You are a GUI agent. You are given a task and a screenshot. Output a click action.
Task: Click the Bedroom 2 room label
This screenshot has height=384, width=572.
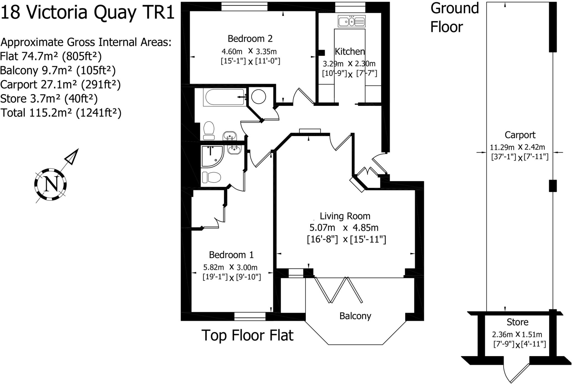250,39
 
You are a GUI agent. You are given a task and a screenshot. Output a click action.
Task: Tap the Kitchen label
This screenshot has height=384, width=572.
350,51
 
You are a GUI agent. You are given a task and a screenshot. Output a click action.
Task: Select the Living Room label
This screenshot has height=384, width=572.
345,216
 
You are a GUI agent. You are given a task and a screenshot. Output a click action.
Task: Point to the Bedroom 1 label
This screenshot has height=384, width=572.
231,255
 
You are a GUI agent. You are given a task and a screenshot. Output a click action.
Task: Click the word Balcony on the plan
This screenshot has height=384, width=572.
355,316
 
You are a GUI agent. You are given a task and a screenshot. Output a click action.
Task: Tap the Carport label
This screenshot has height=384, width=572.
520,135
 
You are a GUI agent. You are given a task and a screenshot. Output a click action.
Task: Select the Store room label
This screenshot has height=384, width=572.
518,322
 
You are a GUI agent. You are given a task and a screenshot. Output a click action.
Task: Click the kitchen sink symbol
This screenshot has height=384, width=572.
351,21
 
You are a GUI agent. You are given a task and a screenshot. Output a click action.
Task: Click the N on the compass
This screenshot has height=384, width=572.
51,184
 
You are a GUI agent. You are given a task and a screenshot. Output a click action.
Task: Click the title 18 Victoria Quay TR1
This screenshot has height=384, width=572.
87,13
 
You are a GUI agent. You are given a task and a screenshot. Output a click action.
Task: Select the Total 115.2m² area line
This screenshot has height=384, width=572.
61,113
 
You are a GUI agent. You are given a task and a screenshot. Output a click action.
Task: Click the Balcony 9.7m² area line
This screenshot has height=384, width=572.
58,70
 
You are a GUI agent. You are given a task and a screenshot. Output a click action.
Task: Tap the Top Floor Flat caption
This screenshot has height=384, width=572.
247,335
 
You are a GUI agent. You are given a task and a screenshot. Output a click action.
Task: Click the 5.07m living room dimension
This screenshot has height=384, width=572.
322,228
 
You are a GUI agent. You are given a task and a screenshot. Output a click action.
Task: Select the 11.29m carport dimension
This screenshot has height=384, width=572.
502,147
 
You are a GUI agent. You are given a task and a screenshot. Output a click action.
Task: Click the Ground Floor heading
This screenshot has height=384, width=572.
455,17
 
